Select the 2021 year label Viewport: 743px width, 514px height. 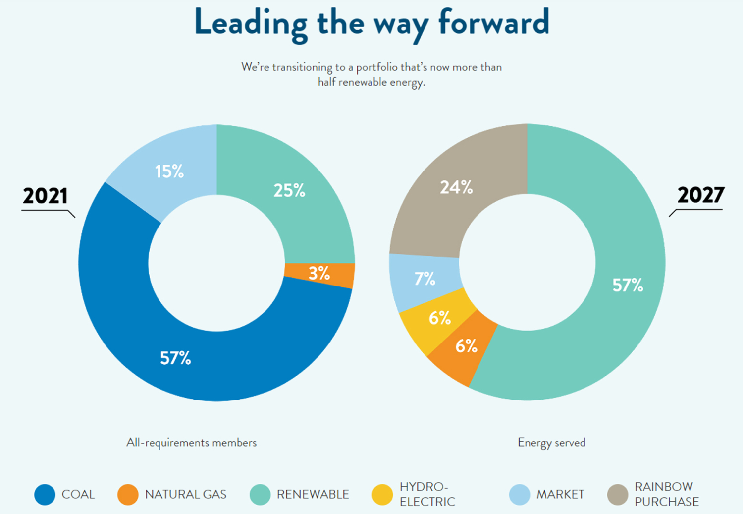45,196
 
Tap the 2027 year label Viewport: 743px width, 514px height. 700,195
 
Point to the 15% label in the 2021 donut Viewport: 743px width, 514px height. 169,171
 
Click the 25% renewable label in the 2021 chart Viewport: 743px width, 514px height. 289,190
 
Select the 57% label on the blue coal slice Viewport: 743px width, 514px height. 175,358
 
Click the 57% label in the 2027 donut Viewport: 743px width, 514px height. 628,285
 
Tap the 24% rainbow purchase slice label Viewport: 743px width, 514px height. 456,187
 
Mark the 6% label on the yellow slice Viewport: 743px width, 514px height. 440,317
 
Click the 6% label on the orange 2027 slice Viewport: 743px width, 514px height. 466,345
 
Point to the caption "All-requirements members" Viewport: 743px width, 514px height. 191,442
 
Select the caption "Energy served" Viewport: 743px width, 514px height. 551,442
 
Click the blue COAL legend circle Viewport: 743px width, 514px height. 45,494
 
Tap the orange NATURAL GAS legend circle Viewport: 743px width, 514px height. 128,494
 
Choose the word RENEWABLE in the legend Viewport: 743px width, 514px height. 313,494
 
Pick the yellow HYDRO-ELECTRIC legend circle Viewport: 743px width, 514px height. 382,494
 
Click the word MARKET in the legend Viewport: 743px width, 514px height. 560,494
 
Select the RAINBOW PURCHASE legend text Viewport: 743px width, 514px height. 666,494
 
